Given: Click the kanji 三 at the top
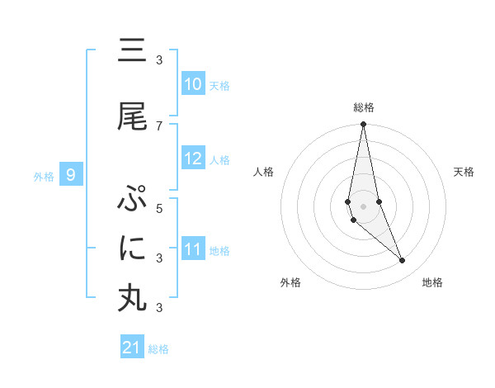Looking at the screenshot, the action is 132,52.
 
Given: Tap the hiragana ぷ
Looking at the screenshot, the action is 132,200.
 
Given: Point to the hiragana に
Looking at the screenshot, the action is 132,248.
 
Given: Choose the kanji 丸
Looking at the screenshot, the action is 132,298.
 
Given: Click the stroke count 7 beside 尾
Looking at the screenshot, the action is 159,125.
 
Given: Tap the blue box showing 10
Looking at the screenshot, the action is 193,84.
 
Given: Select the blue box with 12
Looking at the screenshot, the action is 193,159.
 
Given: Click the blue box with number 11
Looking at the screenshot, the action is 193,249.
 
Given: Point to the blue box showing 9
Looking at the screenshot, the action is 72,175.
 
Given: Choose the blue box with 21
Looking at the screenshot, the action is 132,348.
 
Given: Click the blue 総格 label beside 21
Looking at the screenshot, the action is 158,349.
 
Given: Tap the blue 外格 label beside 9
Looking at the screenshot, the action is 44,176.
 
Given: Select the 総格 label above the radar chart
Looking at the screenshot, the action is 364,107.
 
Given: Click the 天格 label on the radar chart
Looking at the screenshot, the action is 464,172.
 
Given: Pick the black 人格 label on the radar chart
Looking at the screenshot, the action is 264,172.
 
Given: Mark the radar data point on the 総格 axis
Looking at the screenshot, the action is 363,125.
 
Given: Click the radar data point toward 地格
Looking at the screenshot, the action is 403,261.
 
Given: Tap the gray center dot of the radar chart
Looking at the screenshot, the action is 363,206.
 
